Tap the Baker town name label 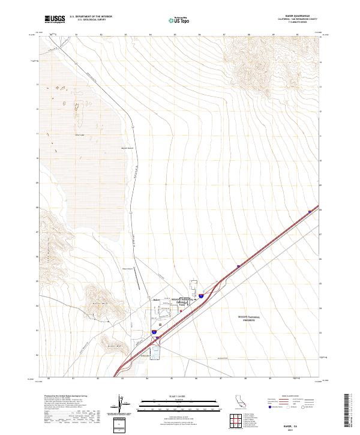click(x=157, y=299)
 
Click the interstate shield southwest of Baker click(x=154, y=331)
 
